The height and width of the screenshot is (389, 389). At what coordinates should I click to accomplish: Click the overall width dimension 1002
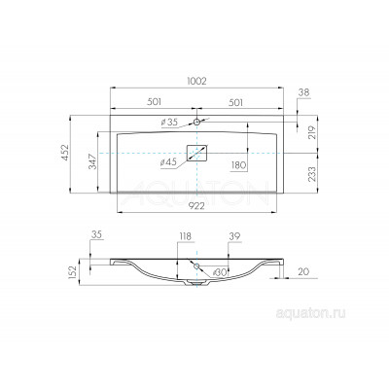[196, 81]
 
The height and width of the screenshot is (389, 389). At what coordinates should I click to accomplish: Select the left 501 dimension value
[155, 102]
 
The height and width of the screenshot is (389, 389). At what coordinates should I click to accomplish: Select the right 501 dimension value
[235, 102]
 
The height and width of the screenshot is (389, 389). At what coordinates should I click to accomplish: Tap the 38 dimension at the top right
[304, 92]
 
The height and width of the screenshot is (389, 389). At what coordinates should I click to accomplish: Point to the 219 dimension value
[312, 132]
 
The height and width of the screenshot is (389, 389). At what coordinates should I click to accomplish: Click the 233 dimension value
[312, 174]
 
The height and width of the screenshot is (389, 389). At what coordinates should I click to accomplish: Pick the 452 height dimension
[66, 153]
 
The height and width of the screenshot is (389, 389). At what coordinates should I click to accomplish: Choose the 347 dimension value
[92, 161]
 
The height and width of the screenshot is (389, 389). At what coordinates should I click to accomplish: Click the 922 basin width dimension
[196, 206]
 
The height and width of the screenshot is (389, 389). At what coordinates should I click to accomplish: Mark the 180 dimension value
[239, 165]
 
